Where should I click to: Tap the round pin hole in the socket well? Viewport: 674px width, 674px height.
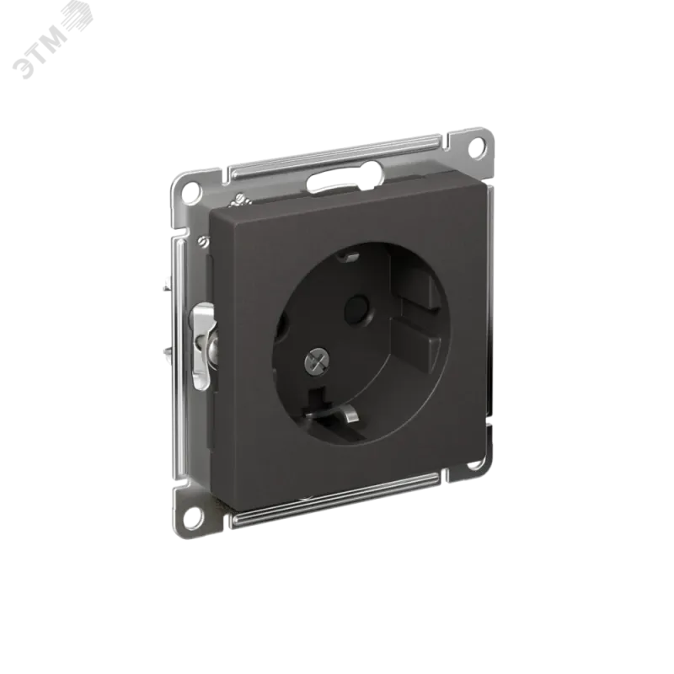(x=356, y=308)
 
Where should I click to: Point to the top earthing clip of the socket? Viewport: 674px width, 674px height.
(x=348, y=257)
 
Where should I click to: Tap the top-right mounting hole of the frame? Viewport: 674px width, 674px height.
(x=476, y=148)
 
